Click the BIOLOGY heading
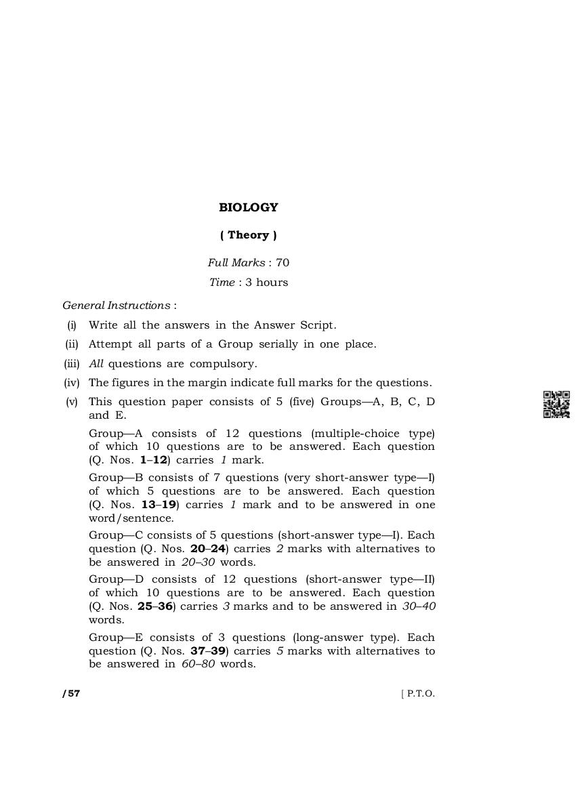(248, 207)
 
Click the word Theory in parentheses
(248, 235)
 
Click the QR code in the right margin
(556, 404)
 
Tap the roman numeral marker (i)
(72, 325)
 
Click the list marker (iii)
(72, 364)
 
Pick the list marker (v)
(72, 402)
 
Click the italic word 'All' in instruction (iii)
(96, 364)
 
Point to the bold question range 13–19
(160, 505)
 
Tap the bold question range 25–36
(154, 606)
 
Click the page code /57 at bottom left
(71, 694)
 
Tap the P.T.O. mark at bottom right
(419, 694)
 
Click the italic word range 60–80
(198, 664)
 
